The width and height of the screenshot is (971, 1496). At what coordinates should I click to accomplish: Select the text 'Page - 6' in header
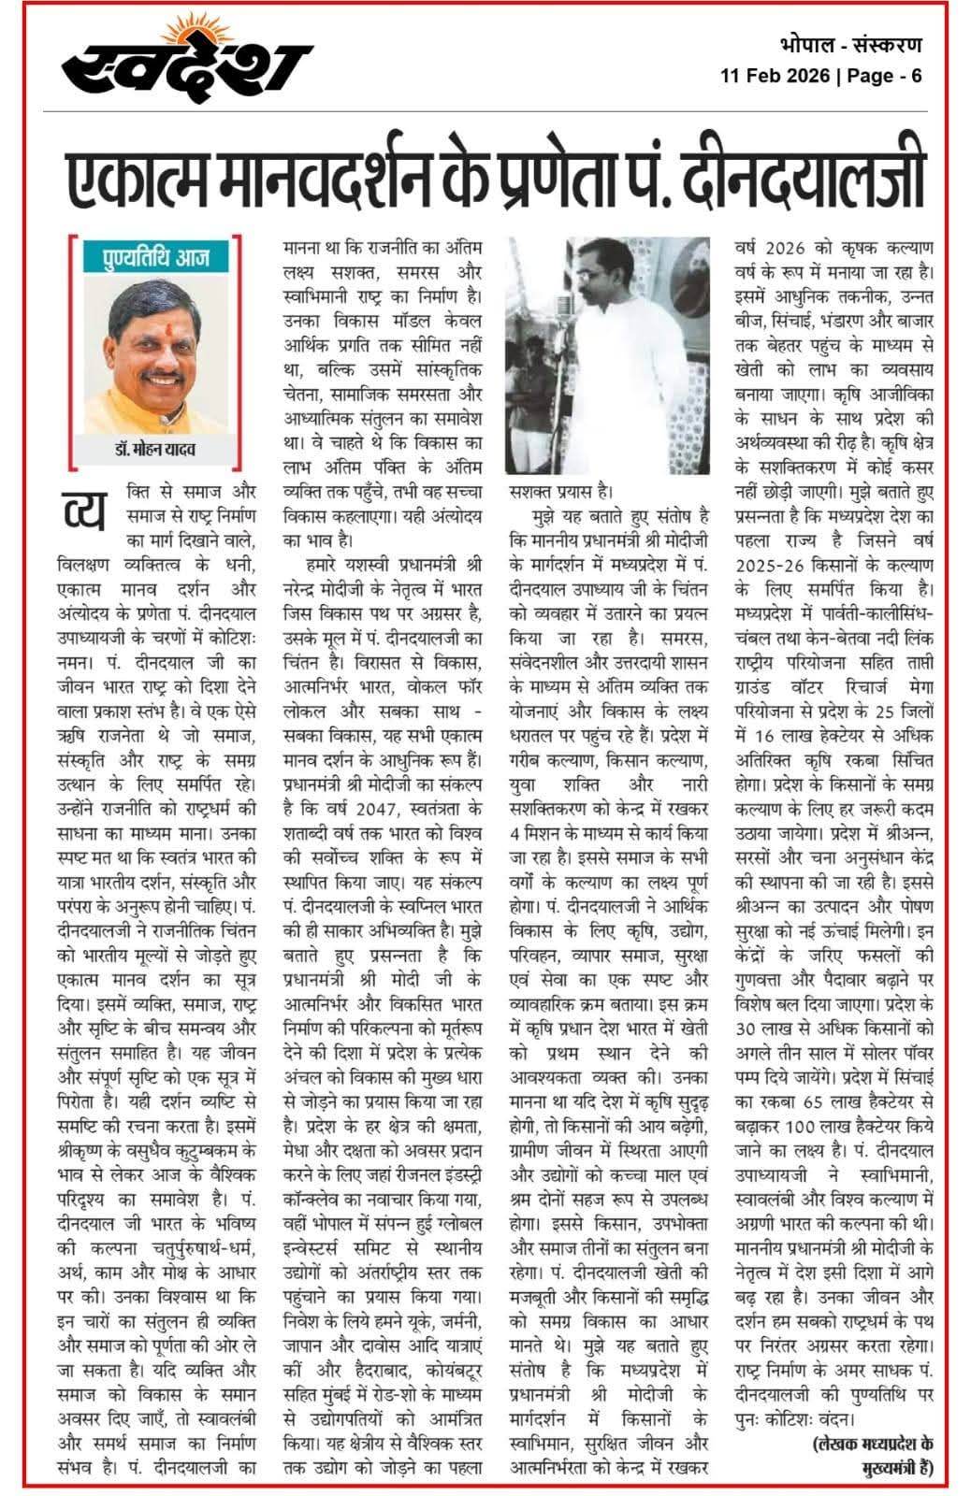[x=884, y=76]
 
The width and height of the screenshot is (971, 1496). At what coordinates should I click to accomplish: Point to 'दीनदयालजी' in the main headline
[x=814, y=178]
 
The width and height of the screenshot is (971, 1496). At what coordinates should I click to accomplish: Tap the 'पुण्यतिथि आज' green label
[x=156, y=255]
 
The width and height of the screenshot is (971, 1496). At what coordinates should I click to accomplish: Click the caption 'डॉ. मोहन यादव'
[x=155, y=451]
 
